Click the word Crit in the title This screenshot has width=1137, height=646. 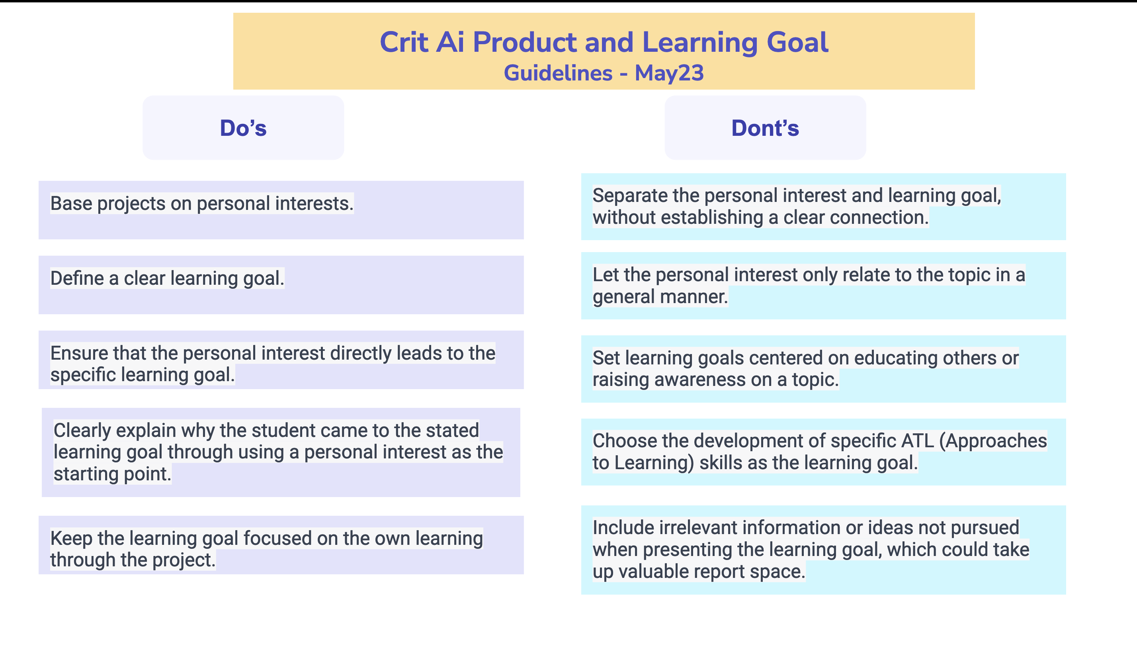pos(404,43)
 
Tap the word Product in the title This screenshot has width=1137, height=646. pos(524,43)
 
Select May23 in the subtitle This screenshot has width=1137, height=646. pos(669,73)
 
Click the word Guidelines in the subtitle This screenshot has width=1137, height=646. pos(558,73)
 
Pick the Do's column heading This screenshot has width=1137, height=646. pos(243,128)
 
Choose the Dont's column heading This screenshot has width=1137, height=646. pos(765,128)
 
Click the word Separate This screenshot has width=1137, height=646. pos(630,196)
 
